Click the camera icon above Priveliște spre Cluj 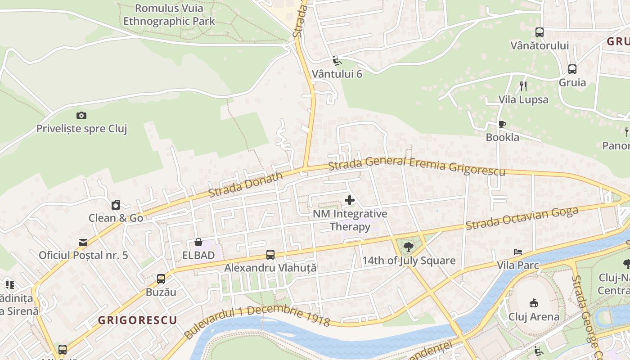pos(81,116)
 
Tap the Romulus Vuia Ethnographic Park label pos(169,14)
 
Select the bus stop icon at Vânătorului pos(540,32)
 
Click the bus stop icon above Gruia pos(572,69)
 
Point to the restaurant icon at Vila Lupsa pos(523,86)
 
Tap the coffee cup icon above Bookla pos(502,124)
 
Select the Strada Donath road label pos(246,184)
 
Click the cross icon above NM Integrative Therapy pos(349,200)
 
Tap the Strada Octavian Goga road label pos(522,218)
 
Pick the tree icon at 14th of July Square pos(409,247)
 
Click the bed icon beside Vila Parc pos(518,252)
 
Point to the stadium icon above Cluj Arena pos(534,303)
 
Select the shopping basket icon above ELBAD pos(198,243)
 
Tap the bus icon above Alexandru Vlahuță pos(270,255)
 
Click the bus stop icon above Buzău pos(161,279)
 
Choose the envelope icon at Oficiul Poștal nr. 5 pos(83,243)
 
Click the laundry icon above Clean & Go pos(116,205)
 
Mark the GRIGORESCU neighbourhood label pos(137,320)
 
